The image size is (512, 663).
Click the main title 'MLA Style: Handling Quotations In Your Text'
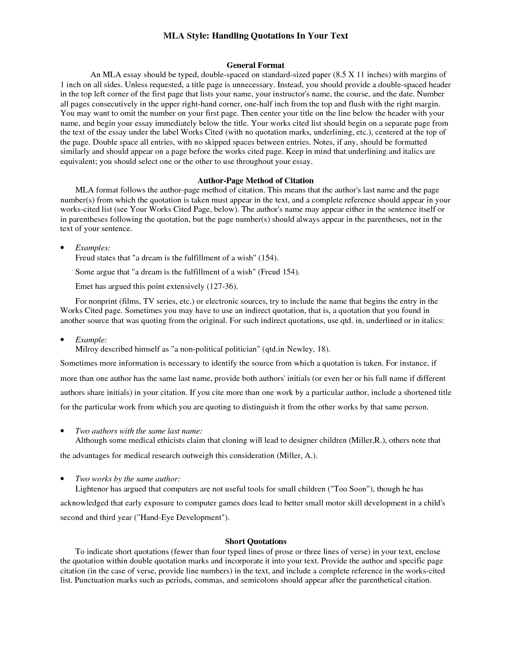click(255, 36)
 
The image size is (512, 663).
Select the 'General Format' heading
click(255, 65)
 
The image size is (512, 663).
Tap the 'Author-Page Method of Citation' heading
click(255, 181)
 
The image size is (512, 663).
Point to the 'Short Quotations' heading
click(255, 542)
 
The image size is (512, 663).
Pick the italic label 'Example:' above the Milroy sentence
click(91, 340)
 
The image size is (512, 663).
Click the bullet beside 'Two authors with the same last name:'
click(62, 431)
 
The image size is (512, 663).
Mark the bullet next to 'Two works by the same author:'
click(62, 479)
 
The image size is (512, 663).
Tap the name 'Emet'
click(84, 286)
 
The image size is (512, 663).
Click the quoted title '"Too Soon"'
click(349, 489)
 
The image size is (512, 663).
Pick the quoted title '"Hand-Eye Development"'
click(181, 518)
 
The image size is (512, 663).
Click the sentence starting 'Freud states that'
click(177, 258)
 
